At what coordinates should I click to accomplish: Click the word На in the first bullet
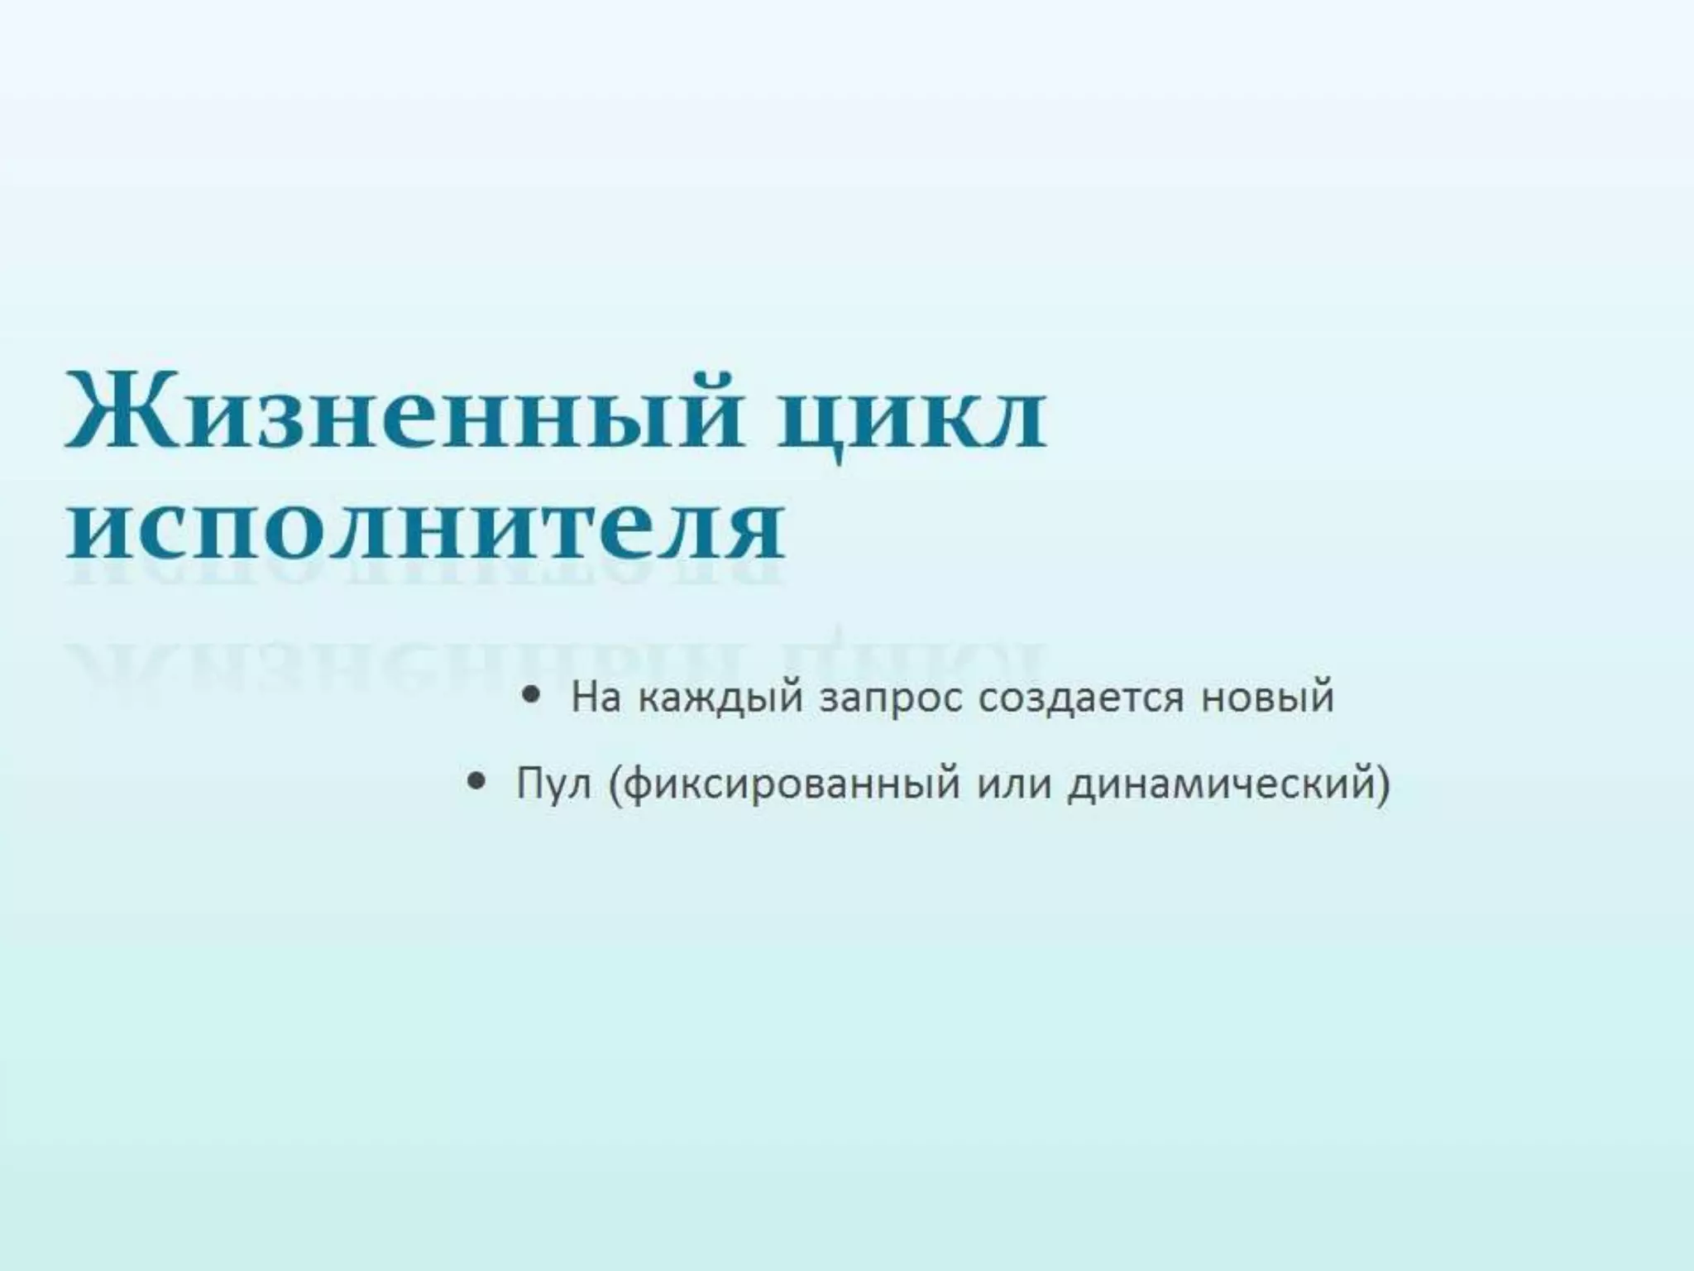click(596, 697)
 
